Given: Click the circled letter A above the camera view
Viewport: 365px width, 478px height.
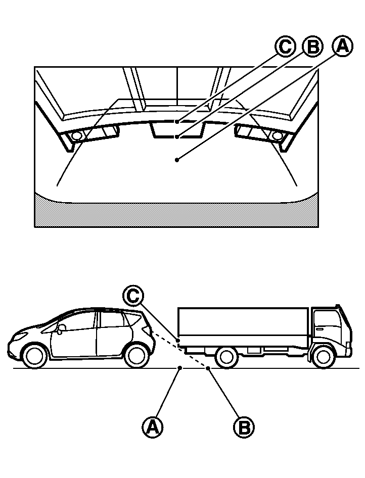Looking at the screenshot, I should coord(342,46).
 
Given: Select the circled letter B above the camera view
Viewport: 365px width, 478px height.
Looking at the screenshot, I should coord(312,47).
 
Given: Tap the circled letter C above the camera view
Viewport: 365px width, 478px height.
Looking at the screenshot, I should coord(285,47).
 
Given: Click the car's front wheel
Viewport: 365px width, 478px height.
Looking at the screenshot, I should coord(35,355).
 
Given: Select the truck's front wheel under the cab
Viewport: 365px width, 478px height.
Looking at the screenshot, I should coord(322,356).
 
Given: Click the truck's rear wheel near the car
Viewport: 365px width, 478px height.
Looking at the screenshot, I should coord(226,357).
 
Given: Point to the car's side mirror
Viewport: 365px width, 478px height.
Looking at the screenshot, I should coord(61,328).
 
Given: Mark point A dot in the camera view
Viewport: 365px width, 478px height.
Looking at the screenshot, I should coord(176,160).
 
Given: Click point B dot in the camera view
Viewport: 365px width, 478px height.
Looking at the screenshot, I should coord(176,137).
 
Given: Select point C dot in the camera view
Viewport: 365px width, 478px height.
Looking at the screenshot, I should coord(176,122).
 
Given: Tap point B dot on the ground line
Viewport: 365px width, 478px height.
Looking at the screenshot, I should coord(208,368).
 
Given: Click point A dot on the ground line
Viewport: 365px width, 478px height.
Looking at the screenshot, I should coord(180,368).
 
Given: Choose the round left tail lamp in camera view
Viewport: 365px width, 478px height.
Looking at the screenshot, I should coord(77,135).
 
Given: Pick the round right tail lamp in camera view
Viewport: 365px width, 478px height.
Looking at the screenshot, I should coord(276,135).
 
